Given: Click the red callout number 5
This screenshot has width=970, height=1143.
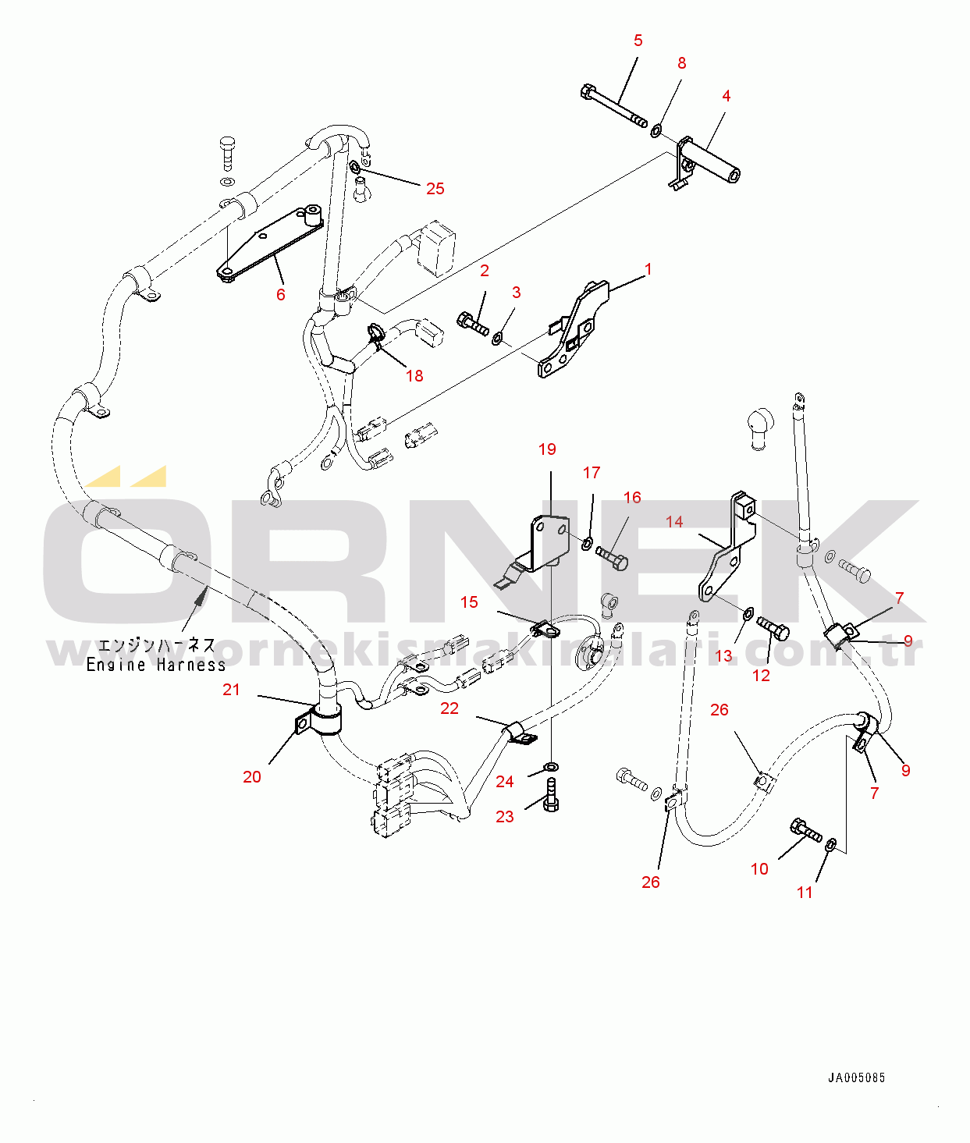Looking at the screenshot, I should coord(638,41).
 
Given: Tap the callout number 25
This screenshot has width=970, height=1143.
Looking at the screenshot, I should coord(435,189).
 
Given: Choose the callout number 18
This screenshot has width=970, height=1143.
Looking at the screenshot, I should coord(414,376).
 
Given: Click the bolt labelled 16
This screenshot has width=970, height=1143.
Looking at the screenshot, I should coord(612,557).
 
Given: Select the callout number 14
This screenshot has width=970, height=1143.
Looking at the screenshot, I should coord(674,521).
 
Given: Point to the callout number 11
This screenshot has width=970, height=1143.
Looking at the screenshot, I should coord(805,893).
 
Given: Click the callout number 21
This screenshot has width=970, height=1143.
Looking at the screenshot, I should coord(232,690).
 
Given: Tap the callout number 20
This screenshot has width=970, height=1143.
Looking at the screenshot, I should coord(252,777).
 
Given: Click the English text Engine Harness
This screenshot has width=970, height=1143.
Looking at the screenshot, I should coord(156,666).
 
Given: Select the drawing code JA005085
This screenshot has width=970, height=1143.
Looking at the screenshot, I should coord(856,1078).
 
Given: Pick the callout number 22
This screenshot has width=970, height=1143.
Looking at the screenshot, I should coord(449,708).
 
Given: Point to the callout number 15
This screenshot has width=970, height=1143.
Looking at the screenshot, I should coord(469,602).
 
